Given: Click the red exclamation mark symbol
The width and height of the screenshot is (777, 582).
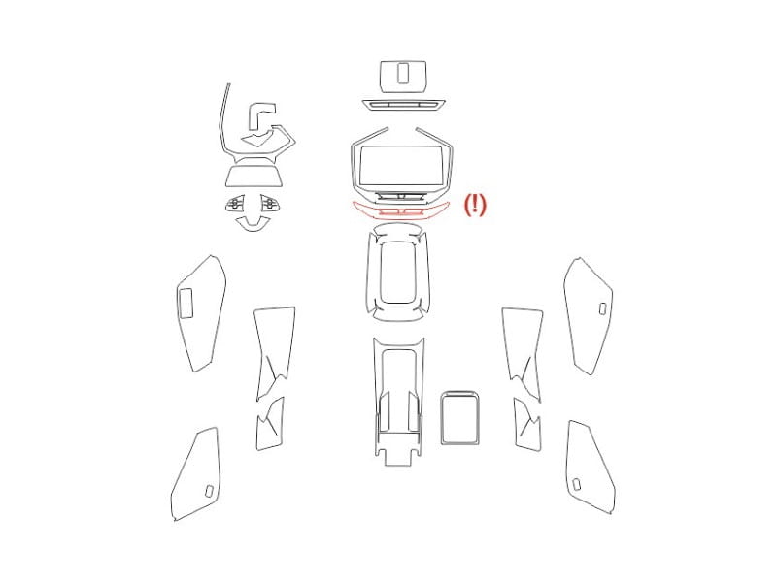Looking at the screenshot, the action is pyautogui.click(x=475, y=204).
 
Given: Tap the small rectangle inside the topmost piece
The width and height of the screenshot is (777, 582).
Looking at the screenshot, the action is pyautogui.click(x=402, y=74).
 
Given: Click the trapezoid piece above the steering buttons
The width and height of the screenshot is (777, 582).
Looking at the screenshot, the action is pyautogui.click(x=254, y=176).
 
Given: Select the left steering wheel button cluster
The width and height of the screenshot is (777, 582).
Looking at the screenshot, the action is pyautogui.click(x=235, y=204).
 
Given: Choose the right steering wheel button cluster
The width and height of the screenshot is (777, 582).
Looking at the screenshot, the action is pyautogui.click(x=268, y=203).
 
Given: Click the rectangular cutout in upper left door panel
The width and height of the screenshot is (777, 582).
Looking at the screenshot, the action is pyautogui.click(x=186, y=303).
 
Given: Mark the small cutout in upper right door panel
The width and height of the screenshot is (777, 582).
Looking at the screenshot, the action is pyautogui.click(x=602, y=308).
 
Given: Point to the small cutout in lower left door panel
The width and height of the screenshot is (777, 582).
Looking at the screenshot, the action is pyautogui.click(x=209, y=491).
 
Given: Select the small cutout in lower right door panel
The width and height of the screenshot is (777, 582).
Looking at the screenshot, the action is pyautogui.click(x=576, y=483).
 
